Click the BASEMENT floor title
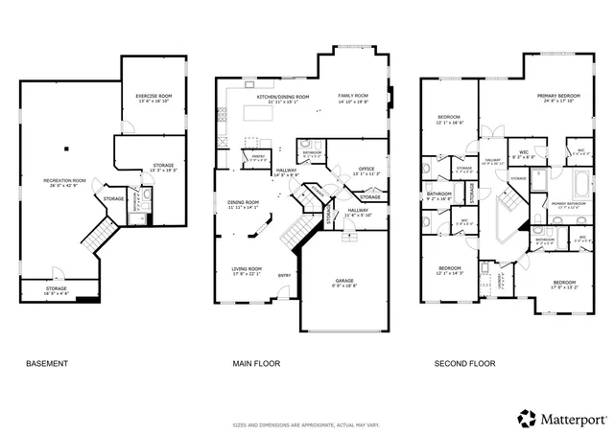[46, 364]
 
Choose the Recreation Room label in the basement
[65, 182]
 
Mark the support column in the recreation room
[65, 148]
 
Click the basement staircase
[96, 232]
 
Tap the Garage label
[343, 282]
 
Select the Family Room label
[353, 98]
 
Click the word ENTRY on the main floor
[284, 277]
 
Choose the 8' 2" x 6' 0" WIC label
[524, 153]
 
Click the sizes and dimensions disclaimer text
[306, 424]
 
